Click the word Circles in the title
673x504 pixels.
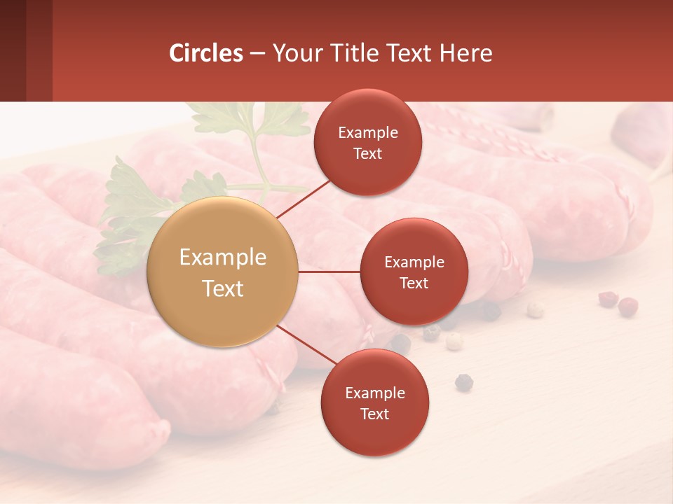pyautogui.click(x=205, y=53)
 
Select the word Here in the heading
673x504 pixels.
pyautogui.click(x=466, y=53)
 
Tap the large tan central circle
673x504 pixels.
pyautogui.click(x=222, y=272)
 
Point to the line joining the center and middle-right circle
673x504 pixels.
pyautogui.click(x=329, y=272)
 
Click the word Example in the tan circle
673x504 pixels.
pyautogui.click(x=222, y=258)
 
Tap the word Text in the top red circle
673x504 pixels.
pyautogui.click(x=368, y=154)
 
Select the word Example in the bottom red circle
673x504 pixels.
pyautogui.click(x=374, y=393)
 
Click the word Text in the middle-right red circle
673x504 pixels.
pyautogui.click(x=414, y=283)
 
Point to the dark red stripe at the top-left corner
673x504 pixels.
pyautogui.click(x=26, y=50)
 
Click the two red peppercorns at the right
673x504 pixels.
pyautogui.click(x=618, y=302)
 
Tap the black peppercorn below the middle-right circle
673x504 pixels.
pyautogui.click(x=463, y=381)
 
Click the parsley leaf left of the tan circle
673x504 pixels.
pyautogui.click(x=130, y=210)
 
